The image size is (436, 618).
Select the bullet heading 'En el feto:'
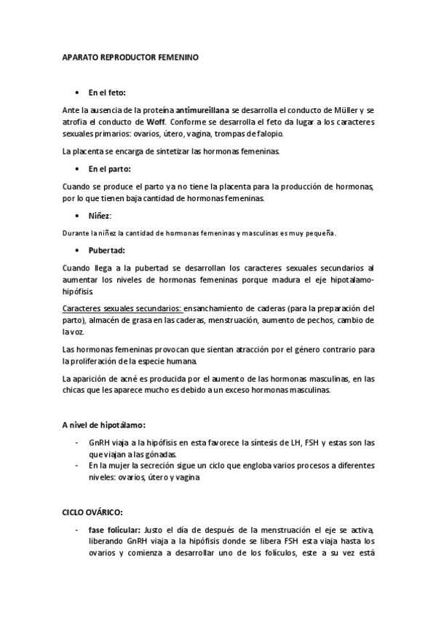click(107, 93)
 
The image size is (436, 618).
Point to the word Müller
click(347, 109)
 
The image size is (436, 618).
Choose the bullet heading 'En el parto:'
click(109, 168)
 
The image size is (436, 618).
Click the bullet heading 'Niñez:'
click(100, 216)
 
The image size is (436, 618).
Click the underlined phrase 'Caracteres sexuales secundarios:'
click(122, 308)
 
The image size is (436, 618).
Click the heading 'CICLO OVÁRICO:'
click(92, 513)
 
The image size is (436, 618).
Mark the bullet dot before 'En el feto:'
click(78, 93)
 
